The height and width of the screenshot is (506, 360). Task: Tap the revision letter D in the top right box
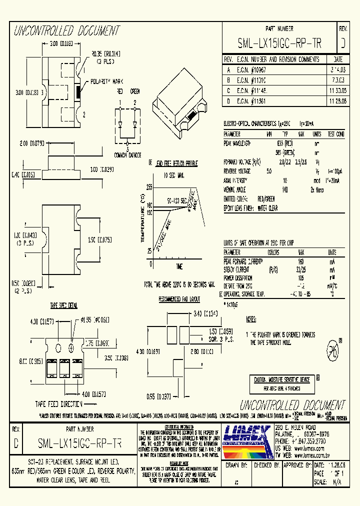pos(343,44)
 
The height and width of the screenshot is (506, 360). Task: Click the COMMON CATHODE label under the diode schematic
pos(127,154)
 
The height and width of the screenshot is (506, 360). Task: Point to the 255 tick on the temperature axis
pos(149,186)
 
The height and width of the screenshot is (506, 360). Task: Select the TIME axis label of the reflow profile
pos(179,266)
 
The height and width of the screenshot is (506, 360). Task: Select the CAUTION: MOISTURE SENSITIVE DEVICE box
pos(281,380)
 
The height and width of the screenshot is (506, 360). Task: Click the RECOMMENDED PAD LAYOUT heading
pos(179,299)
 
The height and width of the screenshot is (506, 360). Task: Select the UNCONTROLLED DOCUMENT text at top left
pos(67,31)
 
